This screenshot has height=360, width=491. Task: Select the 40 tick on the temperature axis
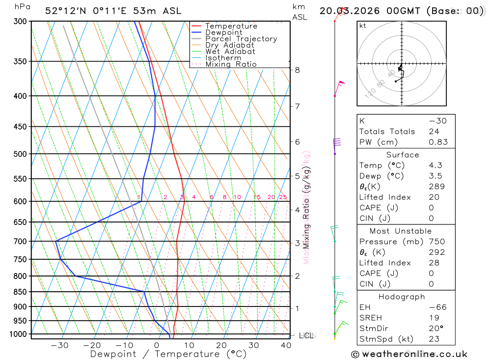click(x=285, y=345)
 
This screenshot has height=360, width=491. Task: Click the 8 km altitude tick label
click(x=298, y=70)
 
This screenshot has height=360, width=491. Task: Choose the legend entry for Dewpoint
click(x=224, y=32)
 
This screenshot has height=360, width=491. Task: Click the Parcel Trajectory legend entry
click(x=241, y=39)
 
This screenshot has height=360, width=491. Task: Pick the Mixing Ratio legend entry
click(x=231, y=64)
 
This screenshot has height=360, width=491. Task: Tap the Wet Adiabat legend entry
click(x=230, y=52)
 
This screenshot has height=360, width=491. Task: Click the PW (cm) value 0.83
click(x=438, y=142)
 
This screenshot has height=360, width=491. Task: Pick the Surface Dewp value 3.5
click(x=435, y=176)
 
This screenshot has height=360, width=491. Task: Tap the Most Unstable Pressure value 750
click(x=436, y=241)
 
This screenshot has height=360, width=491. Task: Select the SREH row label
click(x=370, y=318)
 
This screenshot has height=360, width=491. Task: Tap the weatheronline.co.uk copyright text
click(x=409, y=354)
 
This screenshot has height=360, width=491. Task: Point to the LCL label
click(x=306, y=335)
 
